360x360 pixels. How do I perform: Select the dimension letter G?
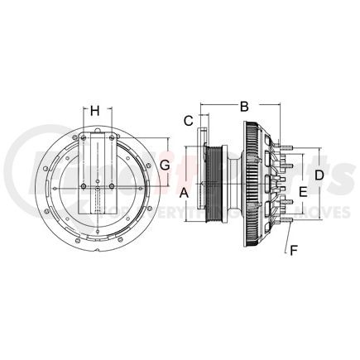click(x=165, y=165)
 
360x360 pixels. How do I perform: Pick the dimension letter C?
click(x=188, y=119)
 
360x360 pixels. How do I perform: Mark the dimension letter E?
click(x=303, y=191)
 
